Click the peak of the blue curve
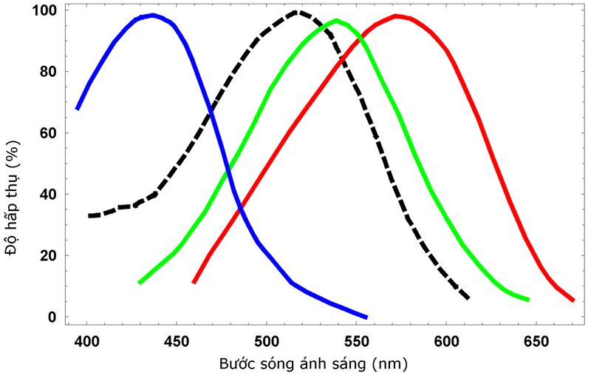(152, 15)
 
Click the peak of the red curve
(397, 16)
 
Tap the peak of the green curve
(336, 20)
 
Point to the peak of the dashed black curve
(296, 12)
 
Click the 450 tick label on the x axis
(177, 342)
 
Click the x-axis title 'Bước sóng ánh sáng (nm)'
(312, 364)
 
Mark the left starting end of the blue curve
(78, 109)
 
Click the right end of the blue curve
(366, 317)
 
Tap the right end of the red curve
(573, 300)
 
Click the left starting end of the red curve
(194, 282)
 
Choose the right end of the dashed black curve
(468, 298)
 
